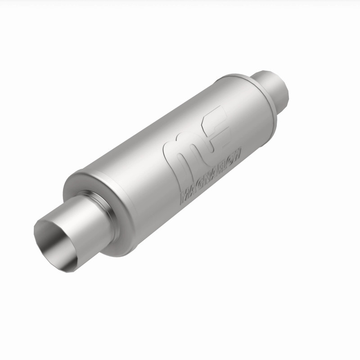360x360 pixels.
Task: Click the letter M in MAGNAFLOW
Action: coord(185,196)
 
